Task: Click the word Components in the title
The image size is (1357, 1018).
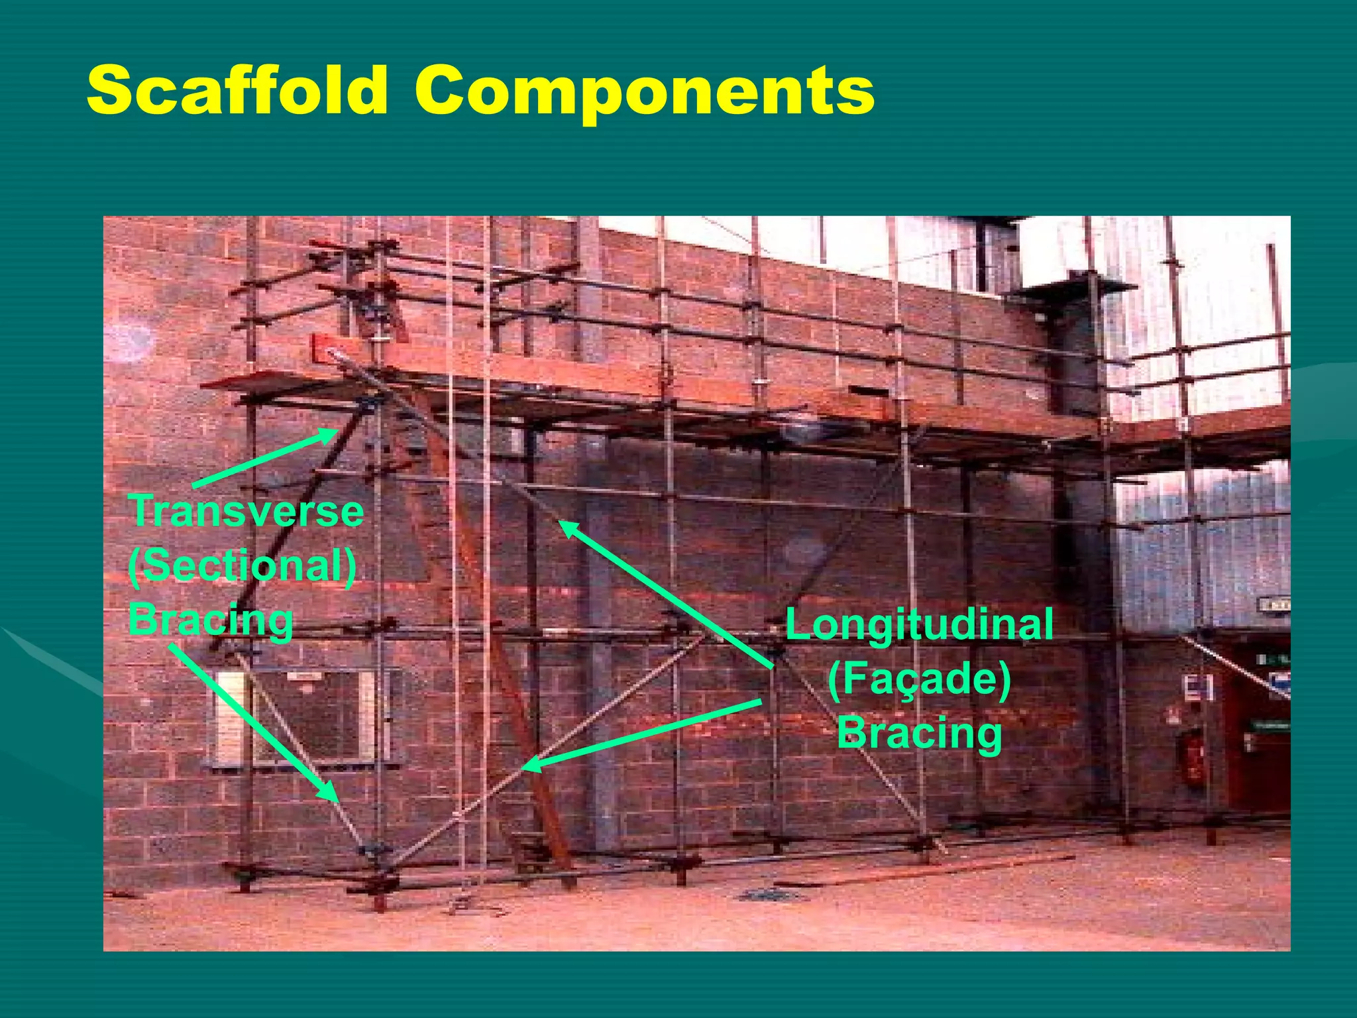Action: pyautogui.click(x=644, y=93)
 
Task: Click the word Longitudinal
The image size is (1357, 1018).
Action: pyautogui.click(x=919, y=624)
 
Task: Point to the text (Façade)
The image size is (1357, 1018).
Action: pyautogui.click(x=919, y=679)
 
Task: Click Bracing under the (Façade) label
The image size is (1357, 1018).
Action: pyautogui.click(x=919, y=733)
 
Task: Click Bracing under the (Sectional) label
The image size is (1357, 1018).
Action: pyautogui.click(x=211, y=620)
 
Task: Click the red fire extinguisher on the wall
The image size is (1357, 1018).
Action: pyautogui.click(x=1193, y=760)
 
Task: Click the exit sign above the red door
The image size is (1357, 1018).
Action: pyautogui.click(x=1272, y=604)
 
